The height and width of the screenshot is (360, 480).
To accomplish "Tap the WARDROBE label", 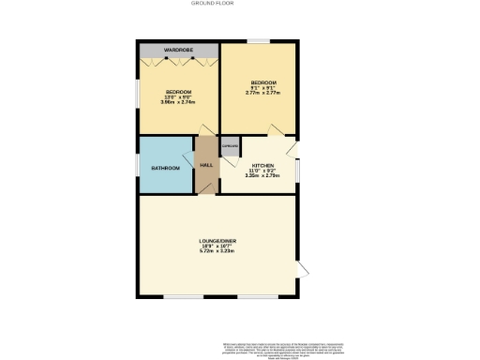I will click(x=178, y=50).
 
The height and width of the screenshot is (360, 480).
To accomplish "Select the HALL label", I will click(x=206, y=165).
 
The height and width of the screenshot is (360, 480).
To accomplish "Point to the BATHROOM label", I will click(x=166, y=168).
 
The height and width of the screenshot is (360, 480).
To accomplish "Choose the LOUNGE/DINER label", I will click(x=217, y=242).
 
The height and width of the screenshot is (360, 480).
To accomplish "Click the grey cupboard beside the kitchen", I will click(x=230, y=146).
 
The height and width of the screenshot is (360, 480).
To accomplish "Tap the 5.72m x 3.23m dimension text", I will click(x=217, y=252).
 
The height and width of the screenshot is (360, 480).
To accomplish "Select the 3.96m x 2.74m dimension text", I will click(x=178, y=101).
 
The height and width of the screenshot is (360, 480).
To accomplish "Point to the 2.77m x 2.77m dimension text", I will click(x=259, y=93).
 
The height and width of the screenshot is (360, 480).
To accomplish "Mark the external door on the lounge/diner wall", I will click(x=302, y=271).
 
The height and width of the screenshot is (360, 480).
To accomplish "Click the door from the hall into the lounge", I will click(x=206, y=187).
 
